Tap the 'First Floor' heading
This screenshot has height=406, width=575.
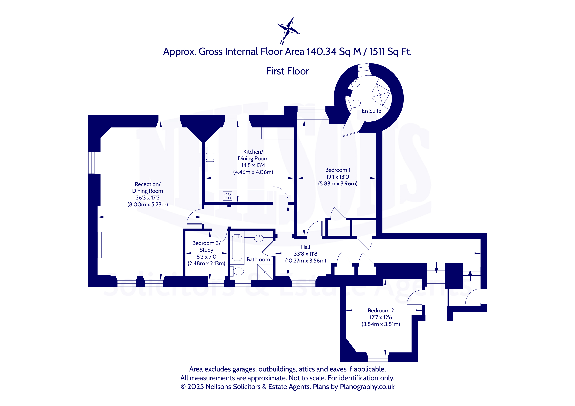[288, 71]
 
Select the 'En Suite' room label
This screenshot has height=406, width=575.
[371, 111]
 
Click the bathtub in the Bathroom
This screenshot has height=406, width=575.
[237, 247]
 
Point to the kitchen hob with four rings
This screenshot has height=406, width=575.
[228, 196]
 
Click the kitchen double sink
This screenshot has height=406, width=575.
[210, 159]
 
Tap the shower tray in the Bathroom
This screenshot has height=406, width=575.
[265, 272]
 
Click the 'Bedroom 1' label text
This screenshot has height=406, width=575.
[338, 170]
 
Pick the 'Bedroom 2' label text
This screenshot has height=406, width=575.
[381, 310]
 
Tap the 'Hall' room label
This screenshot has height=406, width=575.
[305, 247]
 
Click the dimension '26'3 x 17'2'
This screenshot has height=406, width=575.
[148, 198]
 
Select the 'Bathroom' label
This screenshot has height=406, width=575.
[258, 260]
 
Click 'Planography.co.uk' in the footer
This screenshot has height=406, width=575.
[367, 387]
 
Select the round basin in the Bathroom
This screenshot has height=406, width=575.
[259, 238]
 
